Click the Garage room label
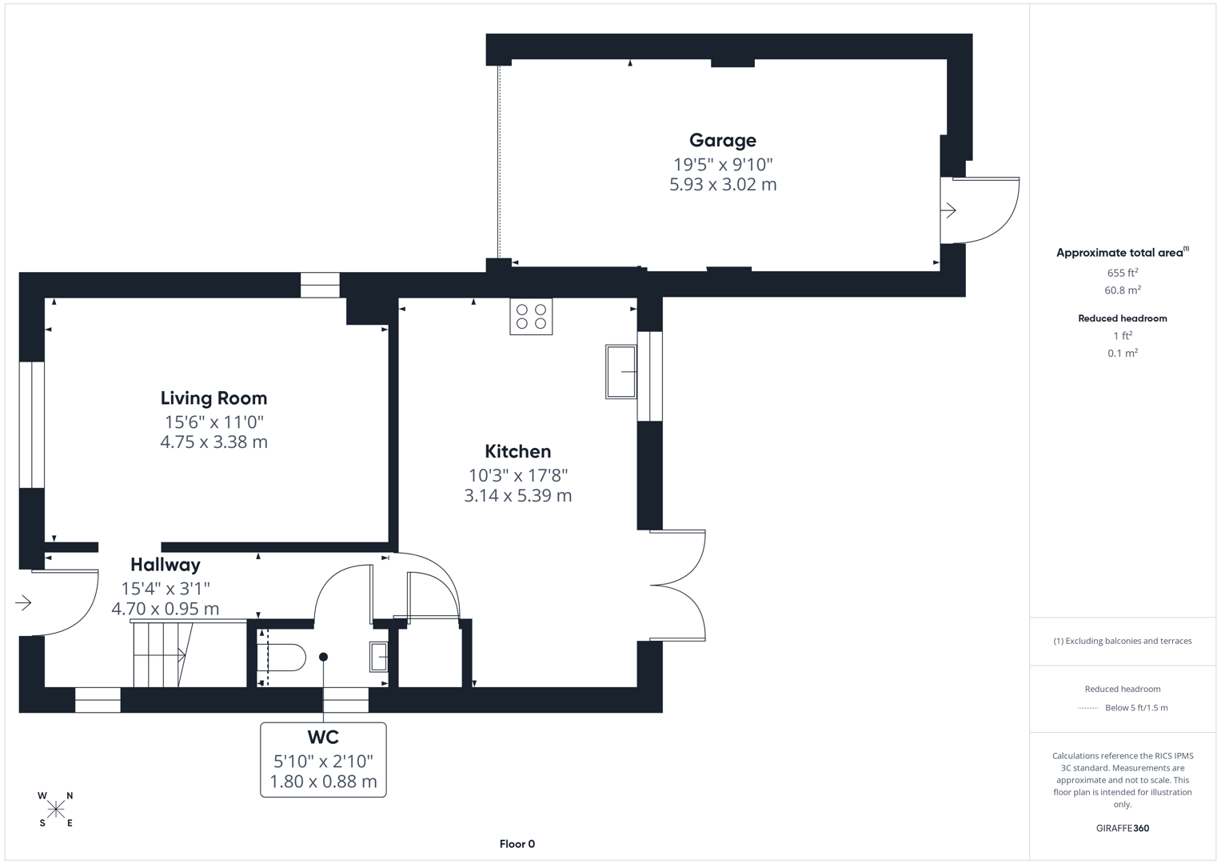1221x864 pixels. coord(722,141)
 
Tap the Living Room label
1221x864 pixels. coord(213,398)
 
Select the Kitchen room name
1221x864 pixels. coord(517,452)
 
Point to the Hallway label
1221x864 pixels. coord(166,565)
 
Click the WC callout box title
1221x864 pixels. coord(323,738)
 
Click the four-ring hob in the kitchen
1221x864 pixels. coord(531,317)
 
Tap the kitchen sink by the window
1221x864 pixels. coord(620,371)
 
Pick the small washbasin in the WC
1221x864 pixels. coord(378,657)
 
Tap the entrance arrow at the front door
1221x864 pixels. coord(23,602)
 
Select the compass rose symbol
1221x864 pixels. coord(56,810)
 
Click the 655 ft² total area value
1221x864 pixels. coord(1122,273)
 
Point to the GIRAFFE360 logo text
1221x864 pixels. coord(1122,828)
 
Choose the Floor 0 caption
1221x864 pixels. coord(517,844)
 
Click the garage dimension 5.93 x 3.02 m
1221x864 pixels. coord(723,185)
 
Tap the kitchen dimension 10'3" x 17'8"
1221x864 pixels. coord(517,475)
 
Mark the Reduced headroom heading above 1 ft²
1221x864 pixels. coord(1122,318)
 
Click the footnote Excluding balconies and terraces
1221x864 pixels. coord(1123,641)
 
